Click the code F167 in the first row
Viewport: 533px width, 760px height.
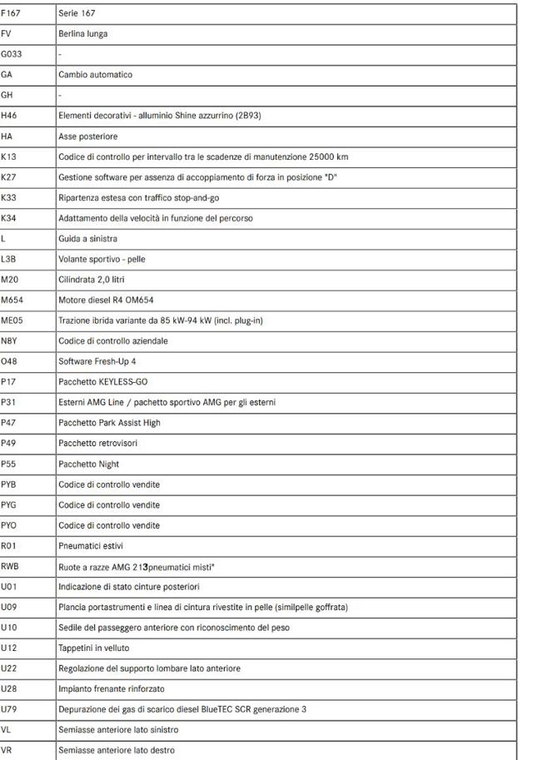tap(12, 13)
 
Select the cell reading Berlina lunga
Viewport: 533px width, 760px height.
tap(83, 33)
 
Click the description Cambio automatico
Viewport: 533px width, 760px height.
tap(95, 74)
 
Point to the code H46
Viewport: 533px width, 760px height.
tap(9, 116)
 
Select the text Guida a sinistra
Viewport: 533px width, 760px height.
tap(87, 239)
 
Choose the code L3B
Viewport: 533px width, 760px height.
tap(9, 259)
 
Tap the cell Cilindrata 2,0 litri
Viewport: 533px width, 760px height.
tap(92, 280)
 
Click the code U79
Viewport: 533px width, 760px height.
tap(9, 709)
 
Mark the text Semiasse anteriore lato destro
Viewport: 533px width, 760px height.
tap(117, 750)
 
